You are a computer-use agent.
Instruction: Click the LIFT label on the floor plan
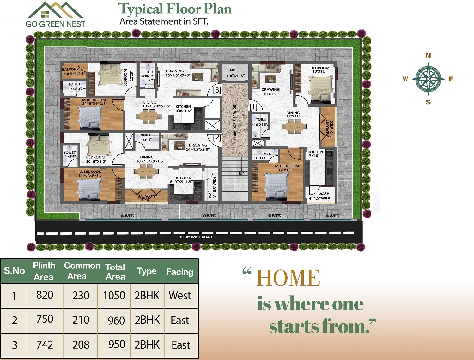(x=234, y=70)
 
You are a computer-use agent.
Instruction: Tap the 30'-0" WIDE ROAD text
(x=196, y=237)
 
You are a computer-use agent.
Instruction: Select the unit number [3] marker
(x=217, y=90)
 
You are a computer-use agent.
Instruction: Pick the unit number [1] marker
(x=253, y=106)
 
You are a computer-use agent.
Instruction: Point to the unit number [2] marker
(x=217, y=138)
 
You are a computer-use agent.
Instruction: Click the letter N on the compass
(x=428, y=56)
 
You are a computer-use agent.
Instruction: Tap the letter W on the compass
(x=405, y=79)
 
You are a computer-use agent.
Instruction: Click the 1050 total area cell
(x=114, y=295)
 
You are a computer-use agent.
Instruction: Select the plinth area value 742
(x=45, y=345)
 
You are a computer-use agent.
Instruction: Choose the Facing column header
(x=180, y=272)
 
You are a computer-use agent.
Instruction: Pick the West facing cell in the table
(x=180, y=295)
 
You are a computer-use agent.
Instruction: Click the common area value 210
(x=81, y=320)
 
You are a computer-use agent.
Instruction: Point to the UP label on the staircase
(x=241, y=173)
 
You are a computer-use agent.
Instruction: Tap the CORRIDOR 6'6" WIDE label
(x=235, y=122)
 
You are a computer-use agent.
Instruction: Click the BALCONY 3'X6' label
(x=148, y=198)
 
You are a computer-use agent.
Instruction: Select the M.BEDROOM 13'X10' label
(x=287, y=168)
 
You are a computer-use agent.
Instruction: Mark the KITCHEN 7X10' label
(x=315, y=153)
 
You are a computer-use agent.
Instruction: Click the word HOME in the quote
(x=288, y=278)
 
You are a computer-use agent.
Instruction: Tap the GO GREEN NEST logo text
(x=56, y=24)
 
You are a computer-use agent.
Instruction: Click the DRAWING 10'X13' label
(x=270, y=92)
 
